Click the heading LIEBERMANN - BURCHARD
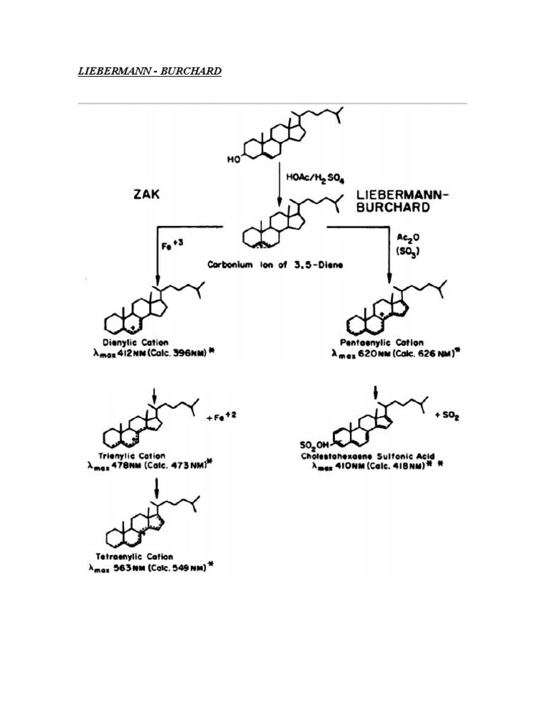(x=149, y=72)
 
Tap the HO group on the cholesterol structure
(x=233, y=160)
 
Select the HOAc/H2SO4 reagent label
(x=311, y=176)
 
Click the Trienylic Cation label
(x=133, y=456)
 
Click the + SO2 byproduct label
(x=447, y=417)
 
